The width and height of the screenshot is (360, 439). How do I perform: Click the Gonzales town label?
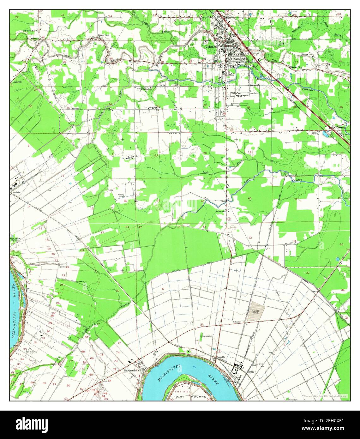pos(210,46)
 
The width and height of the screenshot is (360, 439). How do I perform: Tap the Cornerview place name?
pos(103,35)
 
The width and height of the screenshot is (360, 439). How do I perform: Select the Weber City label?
pos(296,67)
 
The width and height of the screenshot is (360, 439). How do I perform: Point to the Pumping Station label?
pos(121,195)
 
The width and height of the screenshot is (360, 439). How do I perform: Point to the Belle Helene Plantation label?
pos(15,239)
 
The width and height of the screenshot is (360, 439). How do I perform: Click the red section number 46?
pos(250,198)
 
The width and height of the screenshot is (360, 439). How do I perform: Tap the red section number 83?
pos(82,250)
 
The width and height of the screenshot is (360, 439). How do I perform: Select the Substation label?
pos(237,322)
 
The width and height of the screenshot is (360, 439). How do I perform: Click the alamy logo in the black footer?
pos(33,424)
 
